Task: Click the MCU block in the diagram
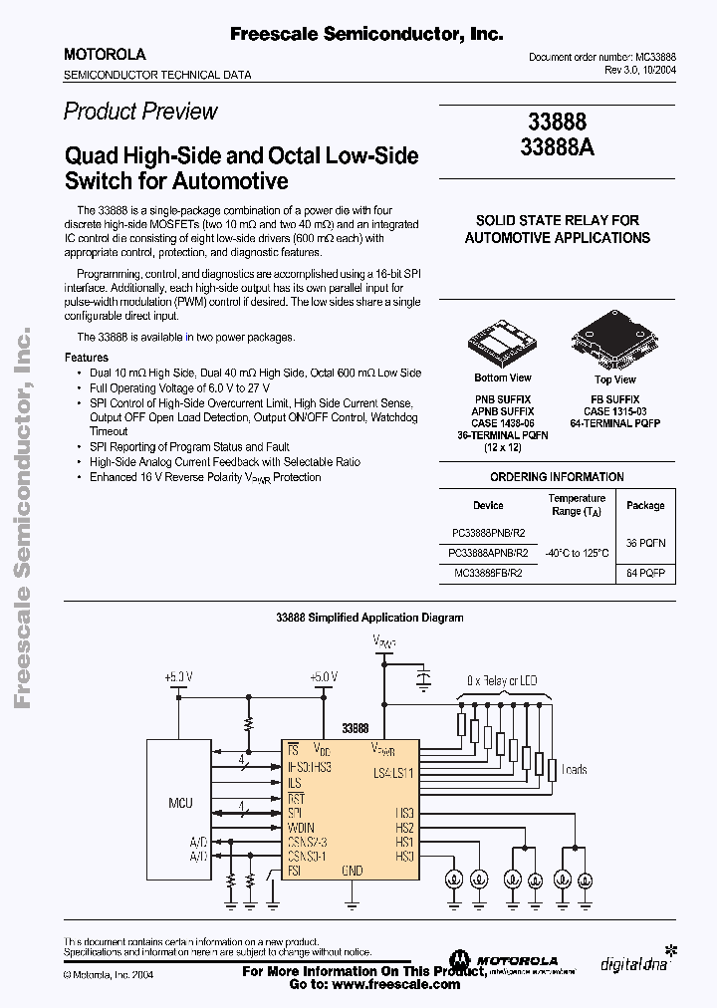[180, 803]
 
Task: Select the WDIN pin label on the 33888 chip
[303, 827]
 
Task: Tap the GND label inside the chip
[353, 870]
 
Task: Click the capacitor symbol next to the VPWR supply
[425, 680]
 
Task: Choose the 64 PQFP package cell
[645, 573]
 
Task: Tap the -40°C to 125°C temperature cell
[577, 551]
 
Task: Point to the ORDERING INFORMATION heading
[557, 477]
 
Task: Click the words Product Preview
[140, 112]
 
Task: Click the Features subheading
[87, 357]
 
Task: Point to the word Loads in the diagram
[576, 770]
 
